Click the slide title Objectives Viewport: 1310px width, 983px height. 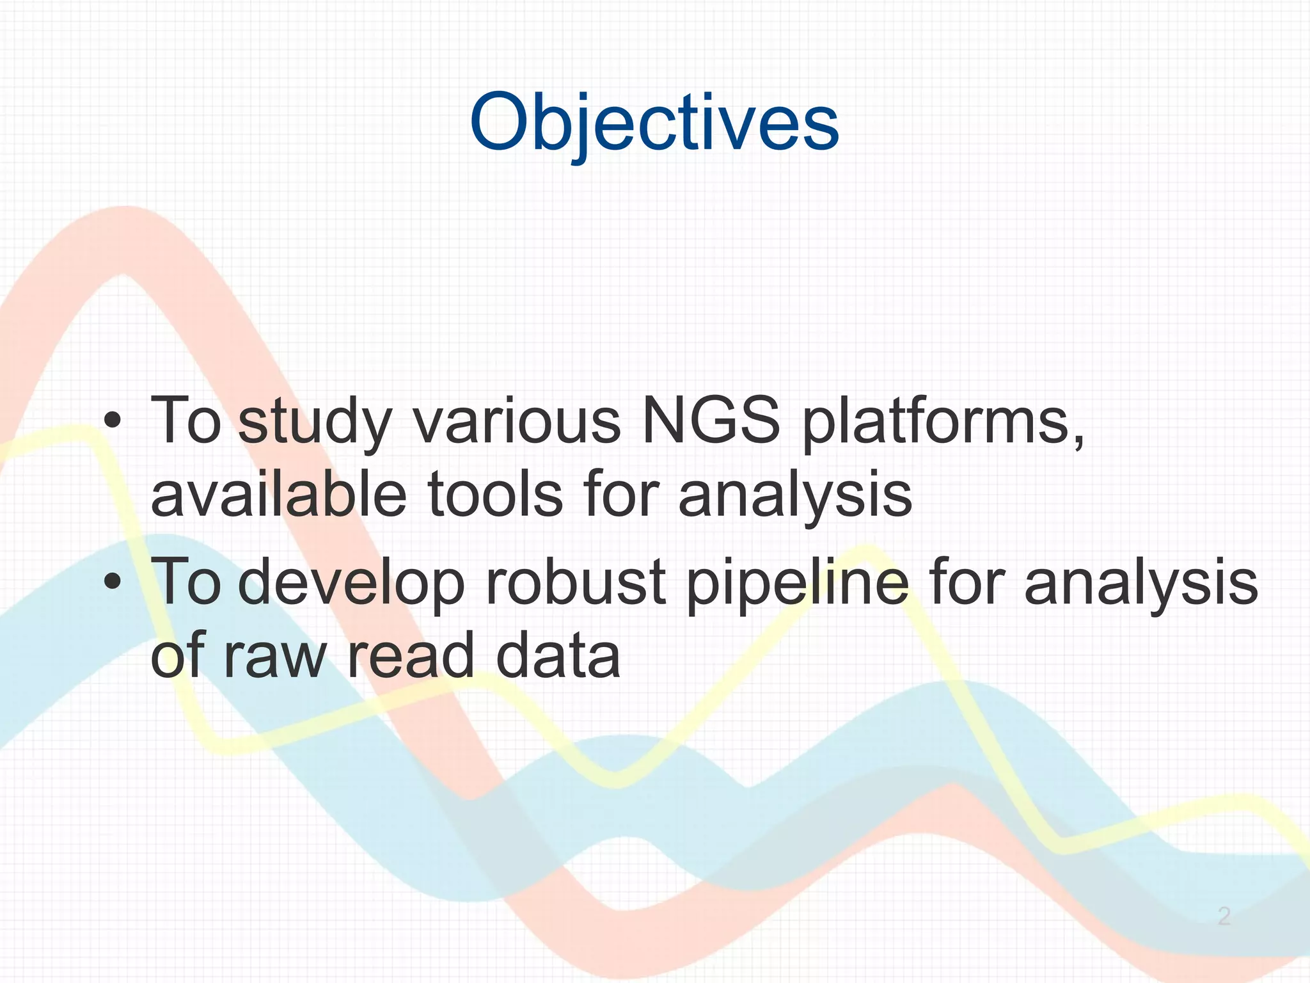(654, 123)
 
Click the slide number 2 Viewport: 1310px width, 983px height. (1224, 916)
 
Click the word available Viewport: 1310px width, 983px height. (278, 495)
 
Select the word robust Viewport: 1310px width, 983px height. (576, 581)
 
